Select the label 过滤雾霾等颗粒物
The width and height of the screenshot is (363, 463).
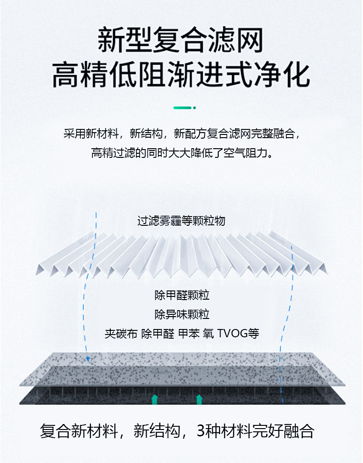(181, 221)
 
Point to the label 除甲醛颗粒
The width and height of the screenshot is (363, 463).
(182, 295)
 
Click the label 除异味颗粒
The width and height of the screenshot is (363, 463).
(182, 314)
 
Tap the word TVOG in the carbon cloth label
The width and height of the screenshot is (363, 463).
(232, 334)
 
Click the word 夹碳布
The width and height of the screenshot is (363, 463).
(121, 334)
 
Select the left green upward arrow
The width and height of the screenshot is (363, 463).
(155, 399)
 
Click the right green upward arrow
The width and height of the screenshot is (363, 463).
(199, 399)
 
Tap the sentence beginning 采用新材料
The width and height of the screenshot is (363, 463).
(181, 134)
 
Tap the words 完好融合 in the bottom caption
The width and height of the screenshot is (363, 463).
(288, 431)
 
